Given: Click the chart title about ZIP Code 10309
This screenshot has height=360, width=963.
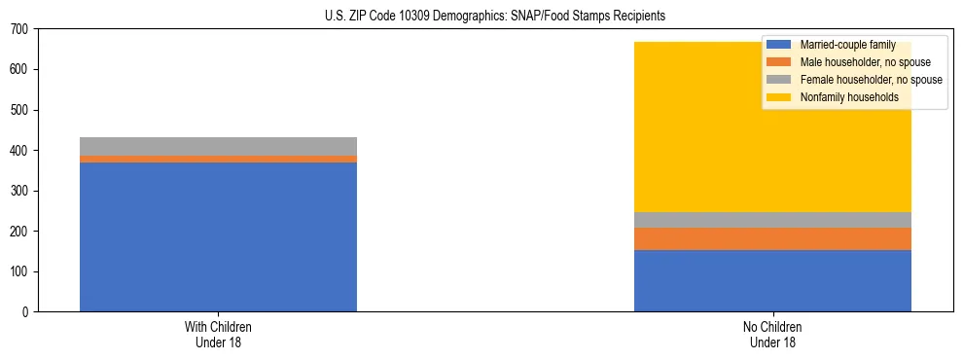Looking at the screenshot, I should coord(495,17).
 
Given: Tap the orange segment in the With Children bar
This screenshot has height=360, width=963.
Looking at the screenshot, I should coord(218,159).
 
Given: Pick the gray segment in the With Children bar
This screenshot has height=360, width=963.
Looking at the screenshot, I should coord(218,146).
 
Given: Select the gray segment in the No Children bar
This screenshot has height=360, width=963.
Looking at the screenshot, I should coord(772,220).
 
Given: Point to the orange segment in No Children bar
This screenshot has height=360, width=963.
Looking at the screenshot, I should coord(772,238).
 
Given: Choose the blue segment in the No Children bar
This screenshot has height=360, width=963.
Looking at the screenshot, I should coord(772,280).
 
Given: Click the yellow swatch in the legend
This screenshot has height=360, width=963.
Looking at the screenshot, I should coord(779,97).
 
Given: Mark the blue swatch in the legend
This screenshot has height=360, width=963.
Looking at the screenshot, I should coord(779,45).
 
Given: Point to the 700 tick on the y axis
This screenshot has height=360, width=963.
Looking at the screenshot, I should coord(21,29).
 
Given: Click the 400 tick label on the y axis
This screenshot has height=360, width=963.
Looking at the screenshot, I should coord(21,151).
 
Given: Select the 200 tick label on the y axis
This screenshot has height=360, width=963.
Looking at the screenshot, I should coord(21,232).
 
